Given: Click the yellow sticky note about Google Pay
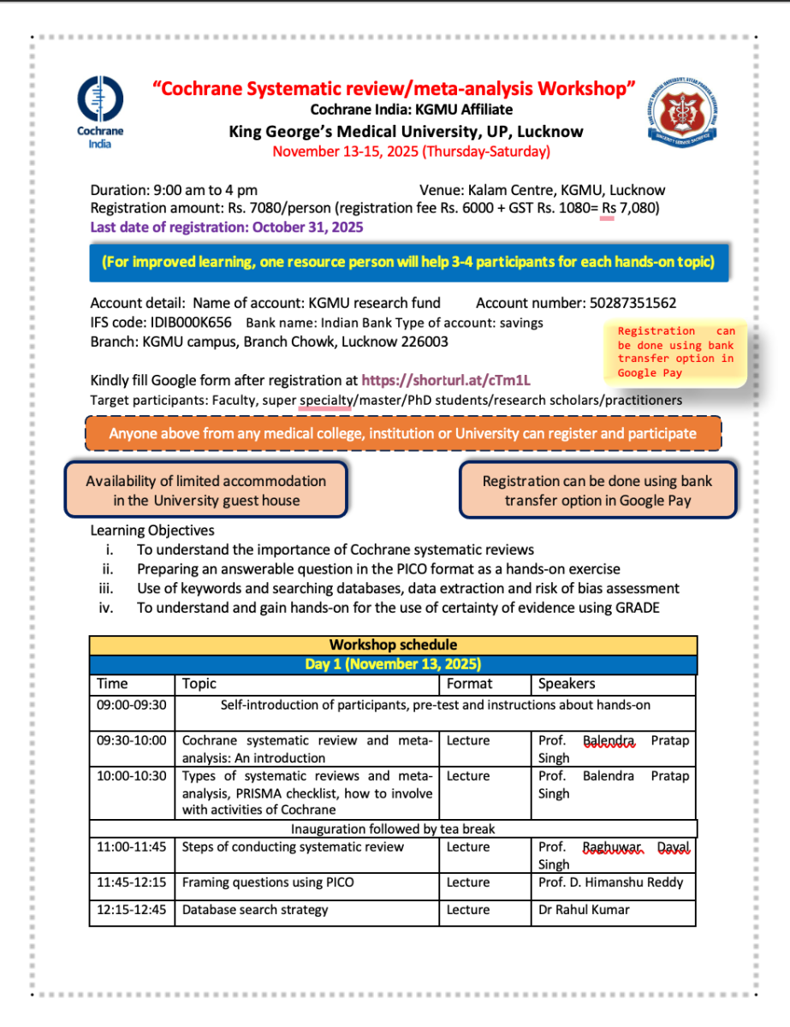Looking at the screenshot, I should coord(676,352).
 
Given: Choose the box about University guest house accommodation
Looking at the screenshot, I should coord(206,490).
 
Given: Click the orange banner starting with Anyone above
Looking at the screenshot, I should coord(403,433).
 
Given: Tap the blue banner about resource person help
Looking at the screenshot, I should coord(408,262).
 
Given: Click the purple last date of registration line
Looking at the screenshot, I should coord(227,228).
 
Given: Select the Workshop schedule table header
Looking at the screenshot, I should coord(393,645).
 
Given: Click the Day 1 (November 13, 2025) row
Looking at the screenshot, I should coord(393,664).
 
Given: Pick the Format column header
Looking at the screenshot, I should coord(469,684).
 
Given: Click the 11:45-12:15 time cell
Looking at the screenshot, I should coord(132,882).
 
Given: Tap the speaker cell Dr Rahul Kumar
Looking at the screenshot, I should coord(584,910).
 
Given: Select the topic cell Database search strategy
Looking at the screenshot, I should coord(255,910).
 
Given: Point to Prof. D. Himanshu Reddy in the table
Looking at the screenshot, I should coord(611,882).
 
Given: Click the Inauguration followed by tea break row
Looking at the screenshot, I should coord(393,829).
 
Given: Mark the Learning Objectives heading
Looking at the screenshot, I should coord(152,531).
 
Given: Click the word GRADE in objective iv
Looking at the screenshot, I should coord(634,608).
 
